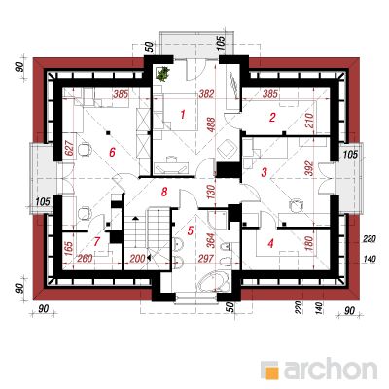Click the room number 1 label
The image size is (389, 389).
click(x=183, y=114)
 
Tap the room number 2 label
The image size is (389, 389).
click(x=272, y=117)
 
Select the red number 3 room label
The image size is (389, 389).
click(x=265, y=172)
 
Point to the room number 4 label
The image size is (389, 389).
click(x=271, y=243)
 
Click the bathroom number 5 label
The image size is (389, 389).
click(x=191, y=230)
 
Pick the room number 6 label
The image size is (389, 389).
click(x=112, y=152)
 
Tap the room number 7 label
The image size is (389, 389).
click(x=97, y=242)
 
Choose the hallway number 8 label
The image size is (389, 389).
click(x=164, y=192)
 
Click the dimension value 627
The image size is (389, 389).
click(x=71, y=148)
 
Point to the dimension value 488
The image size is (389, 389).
click(x=211, y=124)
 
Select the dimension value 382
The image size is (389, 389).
click(x=206, y=94)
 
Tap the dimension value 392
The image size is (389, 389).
click(x=309, y=168)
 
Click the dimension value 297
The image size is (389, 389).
click(x=206, y=259)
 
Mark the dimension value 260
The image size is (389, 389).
click(x=85, y=259)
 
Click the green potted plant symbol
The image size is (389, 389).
click(x=162, y=74)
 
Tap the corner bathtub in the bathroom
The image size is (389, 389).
click(x=214, y=283)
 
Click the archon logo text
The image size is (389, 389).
click(x=331, y=370)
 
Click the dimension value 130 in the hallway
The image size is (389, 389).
click(x=211, y=193)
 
